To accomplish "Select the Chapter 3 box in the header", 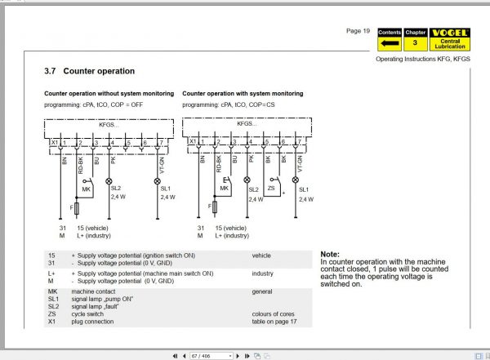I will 416,38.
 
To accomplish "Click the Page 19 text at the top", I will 358,31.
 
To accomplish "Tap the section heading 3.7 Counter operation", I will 90,72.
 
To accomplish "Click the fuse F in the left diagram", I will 76,209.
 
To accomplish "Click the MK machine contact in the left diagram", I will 86,188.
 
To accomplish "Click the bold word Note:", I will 330,254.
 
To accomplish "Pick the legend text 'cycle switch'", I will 91,313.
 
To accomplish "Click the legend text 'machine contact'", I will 96,291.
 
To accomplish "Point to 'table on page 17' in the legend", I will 275,321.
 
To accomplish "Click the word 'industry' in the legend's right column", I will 262,273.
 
